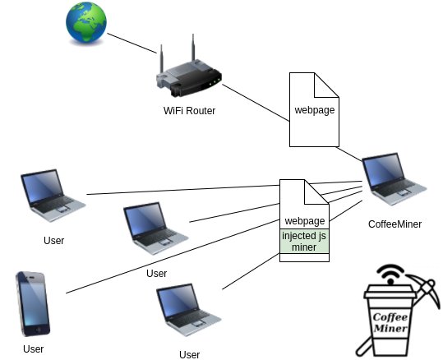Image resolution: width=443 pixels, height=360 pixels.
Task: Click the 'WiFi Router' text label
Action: (189, 111)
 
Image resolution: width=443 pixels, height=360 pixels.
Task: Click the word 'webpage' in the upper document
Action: (314, 110)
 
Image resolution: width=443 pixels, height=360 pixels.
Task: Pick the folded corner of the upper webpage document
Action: (327, 84)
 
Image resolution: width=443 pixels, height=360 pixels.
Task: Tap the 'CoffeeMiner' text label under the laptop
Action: (395, 223)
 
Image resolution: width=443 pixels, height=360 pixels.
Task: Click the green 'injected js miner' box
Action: (304, 242)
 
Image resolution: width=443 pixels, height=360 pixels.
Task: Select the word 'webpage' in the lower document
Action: (304, 221)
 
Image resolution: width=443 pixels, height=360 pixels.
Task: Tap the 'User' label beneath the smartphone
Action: (33, 348)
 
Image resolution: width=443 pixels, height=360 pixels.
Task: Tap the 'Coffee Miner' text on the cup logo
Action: (392, 323)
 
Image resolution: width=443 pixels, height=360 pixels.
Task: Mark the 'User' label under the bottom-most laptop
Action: (189, 354)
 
